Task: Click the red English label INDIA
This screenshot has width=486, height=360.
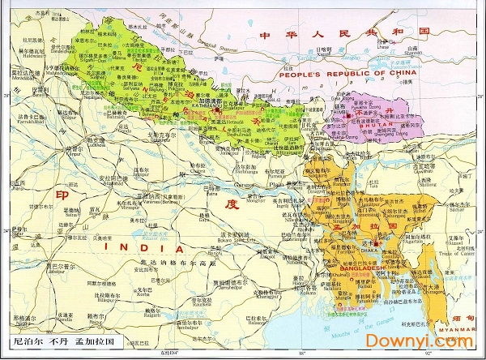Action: point(138,248)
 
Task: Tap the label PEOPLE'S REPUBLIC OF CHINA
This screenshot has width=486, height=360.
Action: point(343,74)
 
